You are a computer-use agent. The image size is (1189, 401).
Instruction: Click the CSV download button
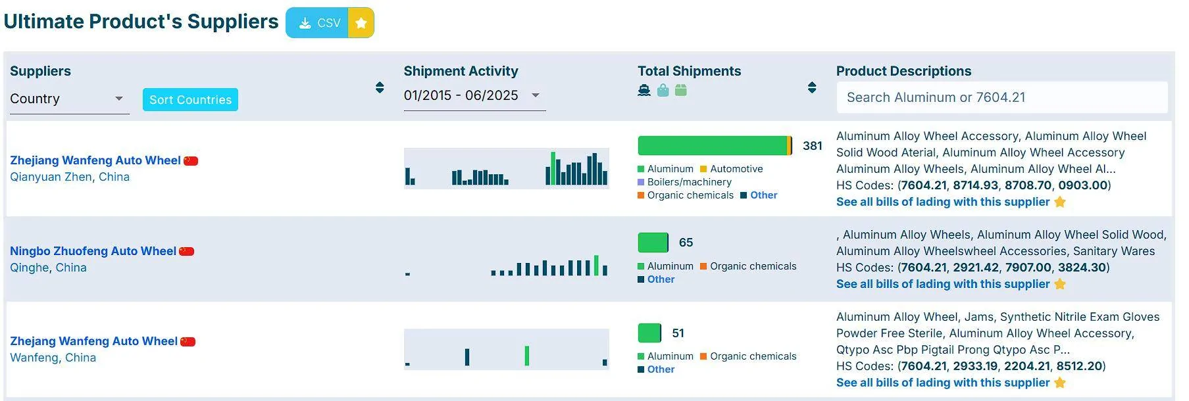pos(317,23)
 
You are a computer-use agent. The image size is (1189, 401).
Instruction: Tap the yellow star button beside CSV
pos(361,23)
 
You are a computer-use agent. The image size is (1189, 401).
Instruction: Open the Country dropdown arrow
pos(119,99)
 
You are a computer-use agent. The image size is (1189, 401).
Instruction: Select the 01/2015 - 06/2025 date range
pos(461,95)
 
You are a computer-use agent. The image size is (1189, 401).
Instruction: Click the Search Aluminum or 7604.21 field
pos(1001,97)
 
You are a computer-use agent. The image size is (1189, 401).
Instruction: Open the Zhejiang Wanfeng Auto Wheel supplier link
pos(95,160)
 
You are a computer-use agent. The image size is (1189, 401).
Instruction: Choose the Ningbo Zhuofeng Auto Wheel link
pos(93,251)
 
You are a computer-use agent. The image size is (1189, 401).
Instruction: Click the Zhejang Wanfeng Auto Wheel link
pos(94,341)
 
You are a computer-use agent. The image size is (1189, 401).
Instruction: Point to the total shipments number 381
pos(813,146)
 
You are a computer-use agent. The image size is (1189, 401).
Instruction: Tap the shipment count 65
pos(686,243)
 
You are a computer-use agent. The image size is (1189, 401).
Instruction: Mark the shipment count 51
pos(678,333)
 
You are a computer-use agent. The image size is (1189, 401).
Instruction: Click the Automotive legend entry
pos(732,169)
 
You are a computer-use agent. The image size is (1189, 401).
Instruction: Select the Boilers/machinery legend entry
pos(684,182)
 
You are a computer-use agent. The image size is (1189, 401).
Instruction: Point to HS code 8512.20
pos(1080,366)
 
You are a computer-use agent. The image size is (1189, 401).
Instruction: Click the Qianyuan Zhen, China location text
pos(70,177)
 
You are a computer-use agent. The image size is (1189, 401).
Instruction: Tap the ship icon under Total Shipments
pos(644,90)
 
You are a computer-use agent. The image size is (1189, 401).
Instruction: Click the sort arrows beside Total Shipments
pos(812,87)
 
